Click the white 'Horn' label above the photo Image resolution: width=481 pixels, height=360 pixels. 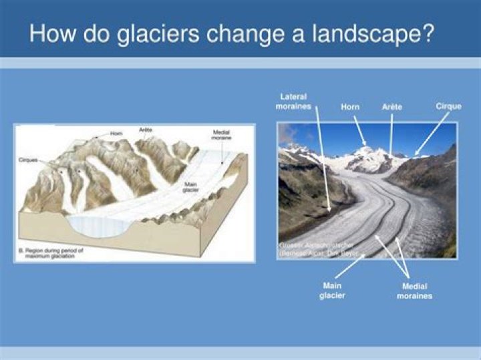[x=350, y=107]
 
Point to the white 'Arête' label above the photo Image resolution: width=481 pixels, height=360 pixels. [x=391, y=107]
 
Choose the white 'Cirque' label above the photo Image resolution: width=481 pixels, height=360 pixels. [x=448, y=106]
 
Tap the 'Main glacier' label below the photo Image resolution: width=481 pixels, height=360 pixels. [x=333, y=291]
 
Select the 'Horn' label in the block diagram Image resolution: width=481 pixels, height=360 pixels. [x=116, y=134]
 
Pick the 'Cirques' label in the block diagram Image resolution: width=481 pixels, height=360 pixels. [x=28, y=161]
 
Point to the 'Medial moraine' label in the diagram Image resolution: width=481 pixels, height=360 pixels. [x=221, y=136]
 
